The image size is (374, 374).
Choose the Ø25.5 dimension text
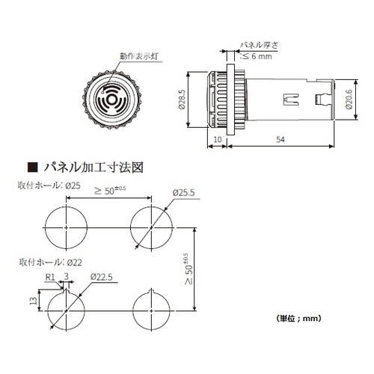tap(182, 193)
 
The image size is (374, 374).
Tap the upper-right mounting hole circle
tap(153, 225)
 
